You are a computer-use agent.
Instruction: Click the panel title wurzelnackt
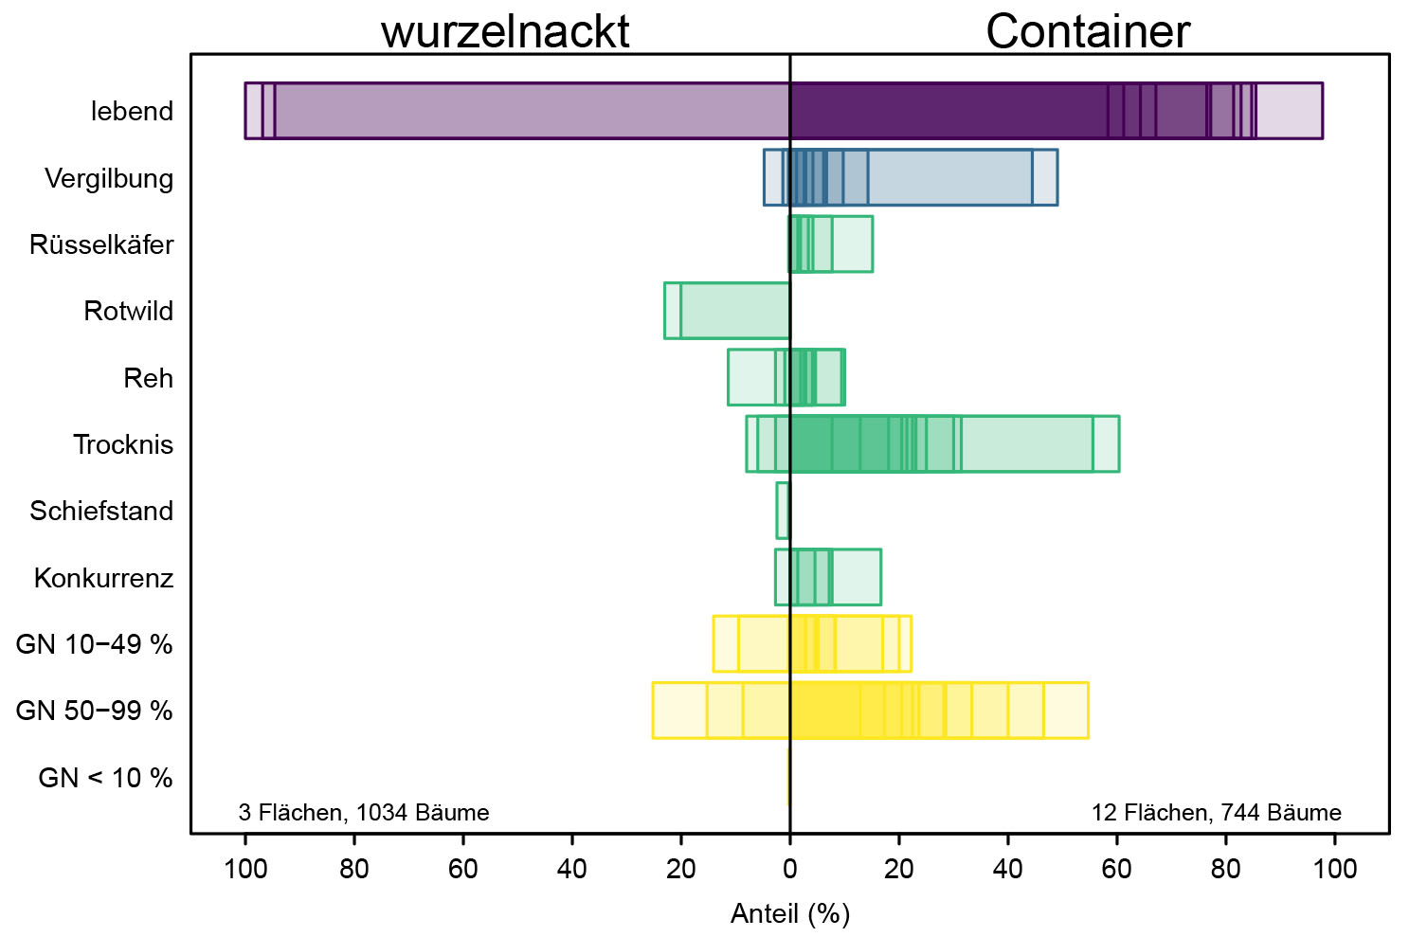tap(505, 31)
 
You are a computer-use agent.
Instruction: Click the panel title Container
tap(1087, 31)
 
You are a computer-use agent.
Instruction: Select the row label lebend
tap(132, 112)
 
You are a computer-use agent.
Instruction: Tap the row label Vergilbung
tap(109, 178)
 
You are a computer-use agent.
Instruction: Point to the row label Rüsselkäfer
tap(101, 245)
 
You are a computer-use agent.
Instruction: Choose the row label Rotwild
tap(128, 312)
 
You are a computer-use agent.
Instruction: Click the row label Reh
tap(148, 378)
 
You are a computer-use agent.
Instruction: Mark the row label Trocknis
tap(123, 444)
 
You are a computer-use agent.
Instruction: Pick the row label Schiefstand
tap(101, 512)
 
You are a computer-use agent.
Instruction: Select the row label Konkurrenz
tap(103, 578)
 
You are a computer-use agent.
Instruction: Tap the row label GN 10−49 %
tap(94, 644)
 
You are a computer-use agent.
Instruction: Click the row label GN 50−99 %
tap(94, 711)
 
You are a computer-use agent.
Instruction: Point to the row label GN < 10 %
tap(105, 778)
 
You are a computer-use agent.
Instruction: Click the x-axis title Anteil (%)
tap(790, 913)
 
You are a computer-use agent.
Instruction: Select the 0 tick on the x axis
tap(789, 868)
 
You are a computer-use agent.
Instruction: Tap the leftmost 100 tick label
tap(245, 868)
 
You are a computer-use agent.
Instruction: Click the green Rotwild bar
tap(728, 311)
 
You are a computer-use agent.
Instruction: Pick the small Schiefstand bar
tap(783, 511)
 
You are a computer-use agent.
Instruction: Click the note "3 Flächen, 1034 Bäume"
tap(364, 813)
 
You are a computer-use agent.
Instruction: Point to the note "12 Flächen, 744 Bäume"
tap(1216, 813)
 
